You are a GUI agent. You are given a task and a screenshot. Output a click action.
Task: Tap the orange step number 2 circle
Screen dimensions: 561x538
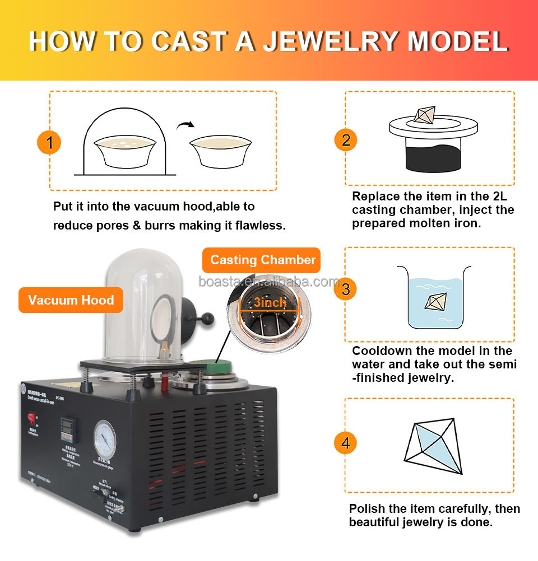(346, 139)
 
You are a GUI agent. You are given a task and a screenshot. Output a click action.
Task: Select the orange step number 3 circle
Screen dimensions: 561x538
(346, 289)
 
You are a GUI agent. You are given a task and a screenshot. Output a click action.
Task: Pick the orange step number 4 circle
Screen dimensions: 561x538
(346, 444)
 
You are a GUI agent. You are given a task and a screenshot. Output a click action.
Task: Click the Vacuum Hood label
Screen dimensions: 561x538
(71, 300)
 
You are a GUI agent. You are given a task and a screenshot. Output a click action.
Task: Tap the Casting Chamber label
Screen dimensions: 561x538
(263, 260)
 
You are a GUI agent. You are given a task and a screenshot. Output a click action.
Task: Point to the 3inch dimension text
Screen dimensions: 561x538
(270, 303)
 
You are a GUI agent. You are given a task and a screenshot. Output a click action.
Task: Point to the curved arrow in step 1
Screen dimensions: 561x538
(185, 125)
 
